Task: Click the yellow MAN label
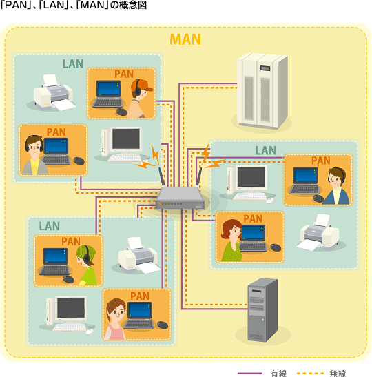185,39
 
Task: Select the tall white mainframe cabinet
262,91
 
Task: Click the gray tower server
262,310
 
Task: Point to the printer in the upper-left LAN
53,92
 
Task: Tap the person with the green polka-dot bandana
87,265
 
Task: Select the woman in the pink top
116,319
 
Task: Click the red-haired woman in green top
231,240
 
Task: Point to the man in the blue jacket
337,186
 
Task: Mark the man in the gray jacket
34,155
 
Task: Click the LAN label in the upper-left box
73,63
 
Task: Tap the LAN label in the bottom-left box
50,226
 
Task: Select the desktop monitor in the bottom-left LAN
71,309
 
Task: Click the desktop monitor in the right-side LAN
251,177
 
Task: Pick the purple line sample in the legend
250,373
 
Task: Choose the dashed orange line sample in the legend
311,373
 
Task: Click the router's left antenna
161,176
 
